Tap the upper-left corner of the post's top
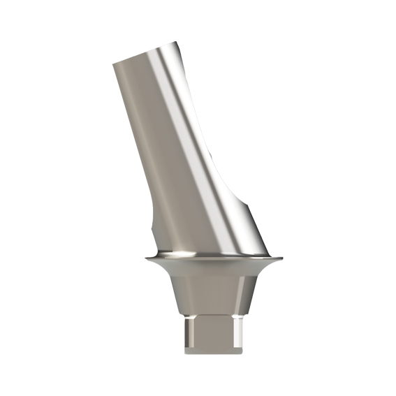coord(114,65)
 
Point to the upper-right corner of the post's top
coord(179,43)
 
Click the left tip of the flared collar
coord(147,259)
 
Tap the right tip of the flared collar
coord(285,259)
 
